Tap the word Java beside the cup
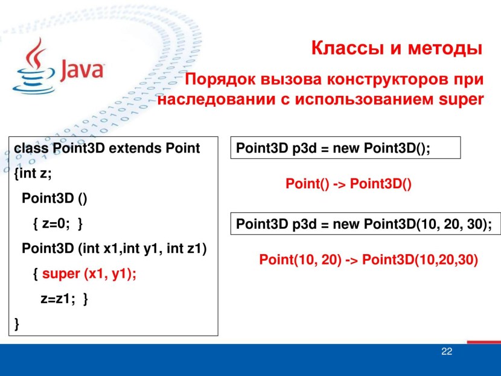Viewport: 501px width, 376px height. (82, 69)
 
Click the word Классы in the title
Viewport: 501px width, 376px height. (348, 48)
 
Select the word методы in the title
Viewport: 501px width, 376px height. (445, 48)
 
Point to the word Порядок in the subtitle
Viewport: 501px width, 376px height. (220, 80)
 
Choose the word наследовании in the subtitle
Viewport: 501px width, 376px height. (216, 99)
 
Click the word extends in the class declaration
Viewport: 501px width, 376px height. (135, 148)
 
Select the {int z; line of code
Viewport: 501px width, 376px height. (33, 173)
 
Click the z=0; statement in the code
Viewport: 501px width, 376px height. (56, 223)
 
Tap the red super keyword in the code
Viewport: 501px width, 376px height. (61, 274)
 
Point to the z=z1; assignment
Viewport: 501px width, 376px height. (58, 299)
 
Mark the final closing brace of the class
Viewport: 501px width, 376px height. (17, 323)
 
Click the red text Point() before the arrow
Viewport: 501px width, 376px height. (307, 183)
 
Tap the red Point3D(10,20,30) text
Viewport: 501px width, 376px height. (420, 260)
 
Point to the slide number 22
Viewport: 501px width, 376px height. (447, 351)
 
